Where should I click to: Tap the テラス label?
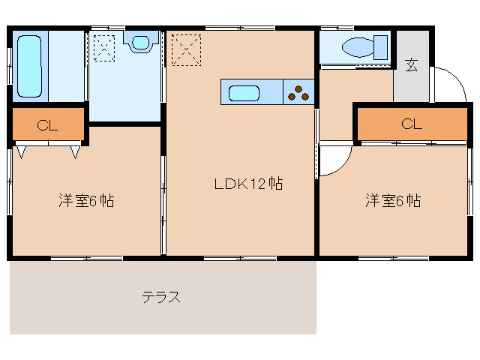[161, 296]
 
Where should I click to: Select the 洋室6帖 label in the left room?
[87, 201]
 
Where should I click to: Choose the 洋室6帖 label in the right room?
[393, 201]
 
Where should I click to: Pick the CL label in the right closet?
[411, 124]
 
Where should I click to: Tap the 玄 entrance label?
[412, 64]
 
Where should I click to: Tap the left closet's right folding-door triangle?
[76, 153]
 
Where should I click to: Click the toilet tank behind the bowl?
[382, 46]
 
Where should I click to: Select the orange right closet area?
[411, 124]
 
